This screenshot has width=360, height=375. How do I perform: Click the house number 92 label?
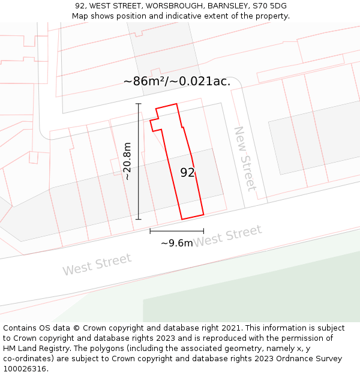pyautogui.click(x=187, y=173)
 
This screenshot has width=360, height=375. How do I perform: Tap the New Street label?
pyautogui.click(x=245, y=158)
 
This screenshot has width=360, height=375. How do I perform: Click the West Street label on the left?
pyautogui.click(x=97, y=265)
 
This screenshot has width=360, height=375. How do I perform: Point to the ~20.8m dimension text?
pyautogui.click(x=127, y=161)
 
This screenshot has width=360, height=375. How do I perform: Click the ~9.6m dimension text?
pyautogui.click(x=177, y=243)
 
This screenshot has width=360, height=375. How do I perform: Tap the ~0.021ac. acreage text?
pyautogui.click(x=202, y=81)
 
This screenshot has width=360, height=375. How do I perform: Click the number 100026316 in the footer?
pyautogui.click(x=24, y=369)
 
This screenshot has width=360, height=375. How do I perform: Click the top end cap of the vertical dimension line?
pyautogui.click(x=139, y=104)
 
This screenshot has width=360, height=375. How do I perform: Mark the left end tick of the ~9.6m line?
pyautogui.click(x=150, y=231)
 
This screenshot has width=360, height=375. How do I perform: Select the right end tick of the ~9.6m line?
pyautogui.click(x=203, y=231)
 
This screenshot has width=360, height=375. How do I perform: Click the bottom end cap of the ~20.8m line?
pyautogui.click(x=139, y=219)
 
